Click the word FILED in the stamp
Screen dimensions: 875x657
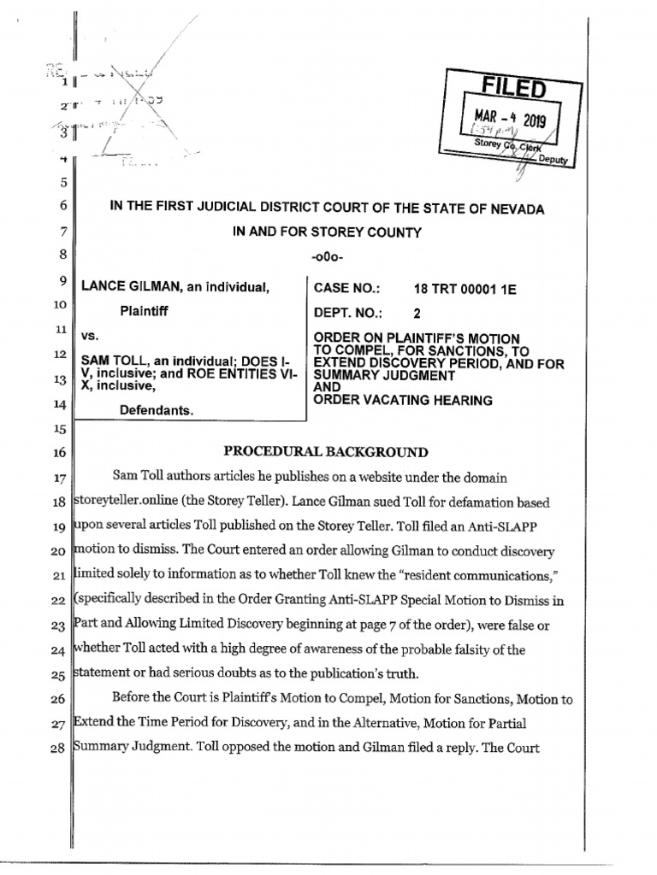(512, 88)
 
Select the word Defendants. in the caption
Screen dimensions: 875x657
(157, 411)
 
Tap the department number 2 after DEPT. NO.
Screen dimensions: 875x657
(417, 313)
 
